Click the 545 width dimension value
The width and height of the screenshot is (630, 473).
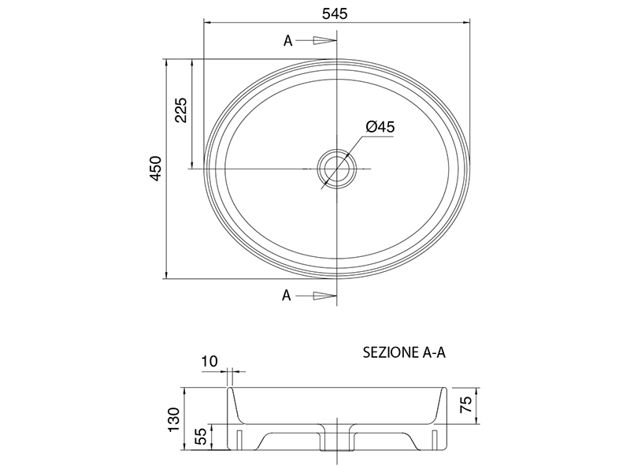334,13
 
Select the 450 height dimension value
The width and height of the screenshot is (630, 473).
155,169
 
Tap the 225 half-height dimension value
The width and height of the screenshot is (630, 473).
181,110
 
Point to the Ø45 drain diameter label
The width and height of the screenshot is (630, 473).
380,127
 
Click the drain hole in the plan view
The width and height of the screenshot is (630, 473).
336,168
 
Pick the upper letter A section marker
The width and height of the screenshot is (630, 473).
287,41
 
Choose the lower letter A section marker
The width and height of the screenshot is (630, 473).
286,295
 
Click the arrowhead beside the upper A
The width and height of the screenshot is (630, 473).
324,40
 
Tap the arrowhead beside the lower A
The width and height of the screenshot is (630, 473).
324,296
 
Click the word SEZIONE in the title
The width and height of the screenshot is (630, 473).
390,352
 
